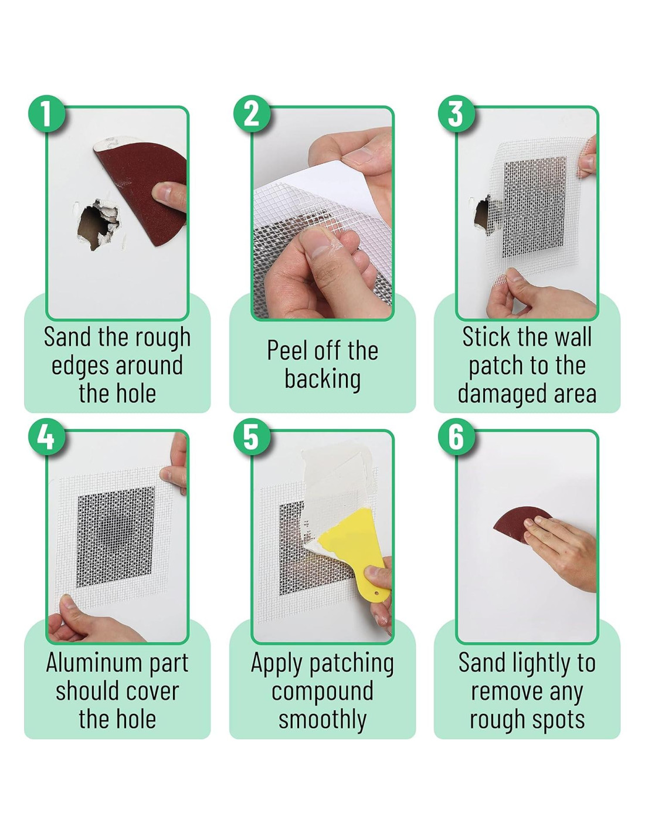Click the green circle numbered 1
pos(47,114)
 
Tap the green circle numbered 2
pos(252,114)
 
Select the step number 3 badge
pos(456,114)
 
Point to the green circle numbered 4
pos(47,437)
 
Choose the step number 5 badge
pos(252,437)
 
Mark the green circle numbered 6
pos(456,437)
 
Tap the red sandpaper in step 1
pos(144,192)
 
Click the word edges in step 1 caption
pos(79,367)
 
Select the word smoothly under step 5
pos(322,720)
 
